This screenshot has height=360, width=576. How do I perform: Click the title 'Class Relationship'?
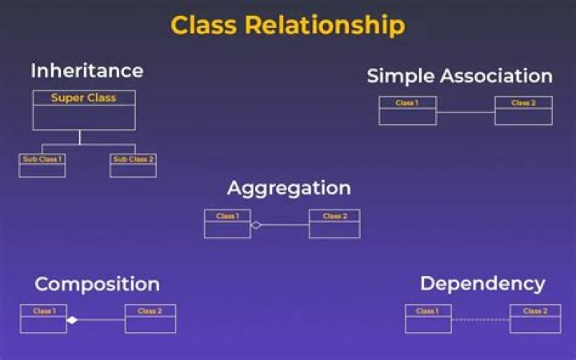click(x=288, y=25)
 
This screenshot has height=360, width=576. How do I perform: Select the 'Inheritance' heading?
click(x=86, y=70)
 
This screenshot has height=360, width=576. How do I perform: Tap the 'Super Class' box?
click(x=83, y=110)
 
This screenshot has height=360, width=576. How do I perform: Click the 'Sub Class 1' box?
click(x=42, y=165)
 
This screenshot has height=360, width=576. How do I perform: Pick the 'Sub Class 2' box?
click(x=133, y=165)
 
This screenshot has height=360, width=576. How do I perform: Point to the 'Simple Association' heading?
click(x=459, y=76)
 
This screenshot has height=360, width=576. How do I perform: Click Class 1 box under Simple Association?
click(x=407, y=110)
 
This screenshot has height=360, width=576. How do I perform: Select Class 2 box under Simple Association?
click(x=523, y=110)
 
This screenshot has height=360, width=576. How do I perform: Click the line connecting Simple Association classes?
click(x=466, y=112)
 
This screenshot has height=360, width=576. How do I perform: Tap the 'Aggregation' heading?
click(x=289, y=188)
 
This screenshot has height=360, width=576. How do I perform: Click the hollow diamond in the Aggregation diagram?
click(x=256, y=226)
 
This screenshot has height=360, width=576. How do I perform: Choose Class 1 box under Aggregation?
click(x=227, y=224)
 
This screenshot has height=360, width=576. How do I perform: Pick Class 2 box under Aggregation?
click(x=334, y=224)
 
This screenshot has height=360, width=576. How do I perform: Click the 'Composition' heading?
click(x=97, y=284)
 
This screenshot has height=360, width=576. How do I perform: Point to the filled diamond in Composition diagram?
click(x=72, y=320)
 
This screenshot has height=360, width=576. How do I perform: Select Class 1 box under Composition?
click(x=43, y=318)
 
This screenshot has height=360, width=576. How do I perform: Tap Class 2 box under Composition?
click(x=150, y=318)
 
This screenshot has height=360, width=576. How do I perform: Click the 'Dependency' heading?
click(x=482, y=283)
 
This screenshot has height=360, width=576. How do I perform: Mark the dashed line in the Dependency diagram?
click(x=481, y=320)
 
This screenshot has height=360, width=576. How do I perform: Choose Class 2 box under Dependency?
click(x=535, y=318)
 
